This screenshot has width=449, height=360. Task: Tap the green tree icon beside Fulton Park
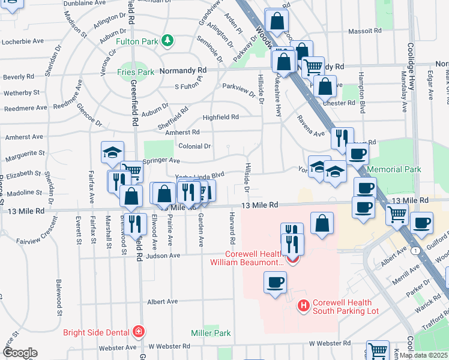169,41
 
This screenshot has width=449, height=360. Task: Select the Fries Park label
136,72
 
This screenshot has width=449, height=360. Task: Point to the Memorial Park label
394,170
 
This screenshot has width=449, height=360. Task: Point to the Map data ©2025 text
423,355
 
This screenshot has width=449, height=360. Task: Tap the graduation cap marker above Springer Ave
112,152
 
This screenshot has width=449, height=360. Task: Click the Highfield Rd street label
220,117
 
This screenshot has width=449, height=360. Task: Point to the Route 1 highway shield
415,250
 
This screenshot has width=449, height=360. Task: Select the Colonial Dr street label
194,146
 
